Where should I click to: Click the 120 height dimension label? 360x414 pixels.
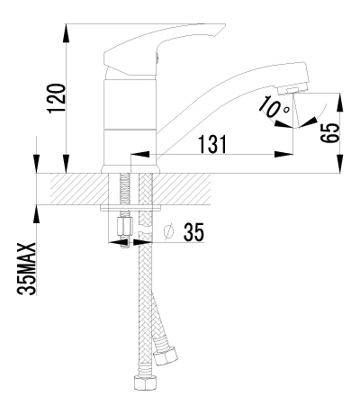[x=57, y=98]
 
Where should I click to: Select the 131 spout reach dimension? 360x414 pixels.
[x=212, y=144]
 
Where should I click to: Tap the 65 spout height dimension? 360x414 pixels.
[x=330, y=133]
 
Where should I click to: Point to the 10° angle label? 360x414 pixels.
[x=274, y=107]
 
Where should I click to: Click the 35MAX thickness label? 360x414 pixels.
[x=27, y=268]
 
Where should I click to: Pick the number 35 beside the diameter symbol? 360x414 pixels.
[x=193, y=232]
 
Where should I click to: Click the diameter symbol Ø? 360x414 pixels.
[x=169, y=232]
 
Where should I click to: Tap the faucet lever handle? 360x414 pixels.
[x=162, y=49]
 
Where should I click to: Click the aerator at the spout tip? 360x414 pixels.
[x=292, y=89]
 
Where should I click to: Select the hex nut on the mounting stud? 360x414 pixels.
[x=125, y=228]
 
